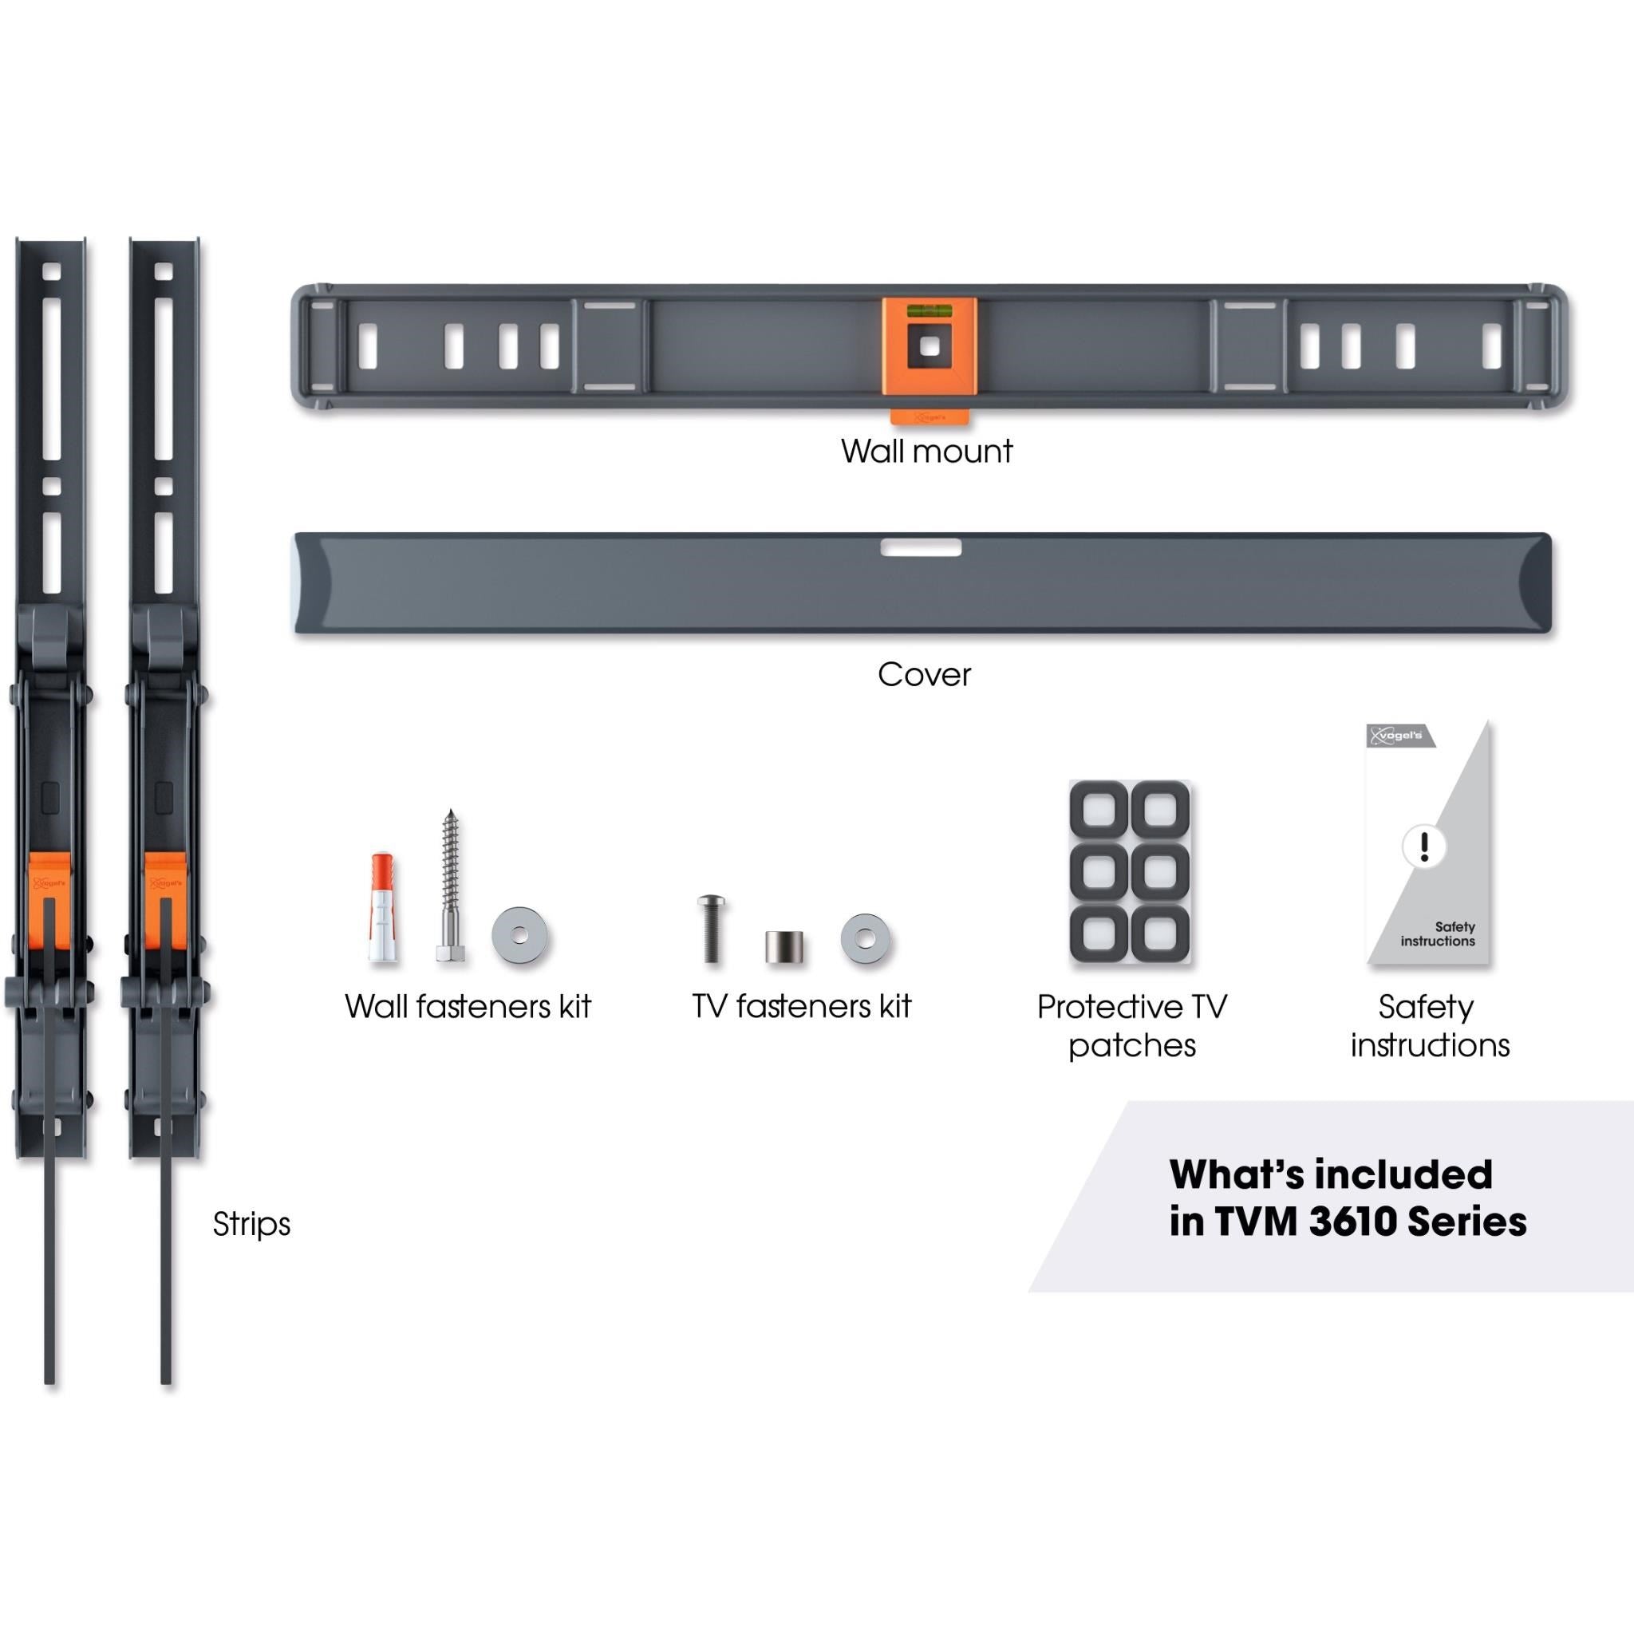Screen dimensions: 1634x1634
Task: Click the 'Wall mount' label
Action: coord(926,451)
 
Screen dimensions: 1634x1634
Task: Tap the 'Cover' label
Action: coord(925,674)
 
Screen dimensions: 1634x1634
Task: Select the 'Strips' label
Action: coord(251,1224)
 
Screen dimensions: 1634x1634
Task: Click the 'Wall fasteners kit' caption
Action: coord(468,1006)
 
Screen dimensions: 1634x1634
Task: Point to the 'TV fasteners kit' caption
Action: coord(802,1006)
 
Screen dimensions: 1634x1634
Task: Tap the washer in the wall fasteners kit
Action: coord(519,935)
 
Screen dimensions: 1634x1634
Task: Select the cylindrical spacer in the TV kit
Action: coord(784,947)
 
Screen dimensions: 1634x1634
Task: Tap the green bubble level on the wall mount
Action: coord(929,311)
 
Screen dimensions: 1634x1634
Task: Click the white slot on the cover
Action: coord(921,548)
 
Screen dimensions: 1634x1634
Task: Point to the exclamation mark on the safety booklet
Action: coord(1424,846)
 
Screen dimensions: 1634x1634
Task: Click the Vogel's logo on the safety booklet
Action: coord(1395,735)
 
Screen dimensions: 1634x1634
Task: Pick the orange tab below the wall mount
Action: coord(930,417)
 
